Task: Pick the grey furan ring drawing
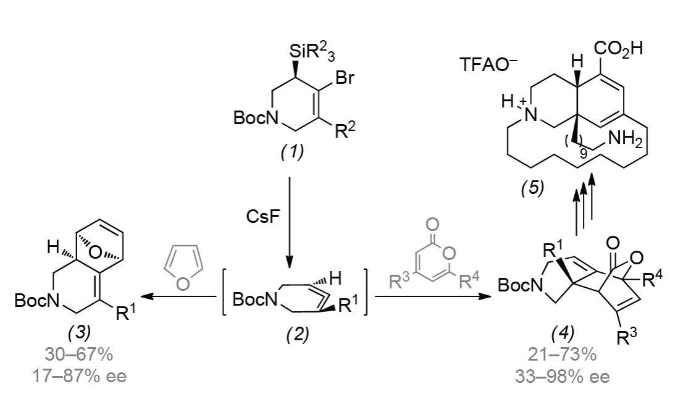click(183, 264)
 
